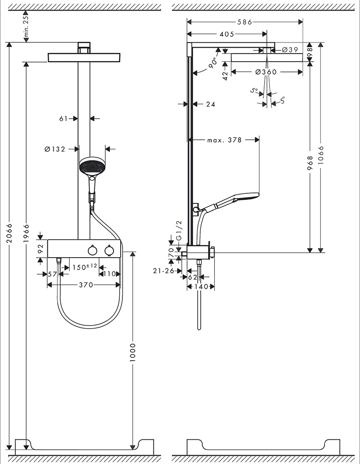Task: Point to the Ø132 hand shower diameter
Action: coord(55,149)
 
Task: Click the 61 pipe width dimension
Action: coord(63,119)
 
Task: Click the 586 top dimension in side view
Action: coord(244,22)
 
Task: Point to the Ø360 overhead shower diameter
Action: coord(265,72)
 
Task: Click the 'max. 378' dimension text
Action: coord(224,140)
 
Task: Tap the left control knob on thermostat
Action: coord(92,250)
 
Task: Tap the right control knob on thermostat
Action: coord(108,250)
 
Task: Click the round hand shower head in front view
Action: coord(92,166)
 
